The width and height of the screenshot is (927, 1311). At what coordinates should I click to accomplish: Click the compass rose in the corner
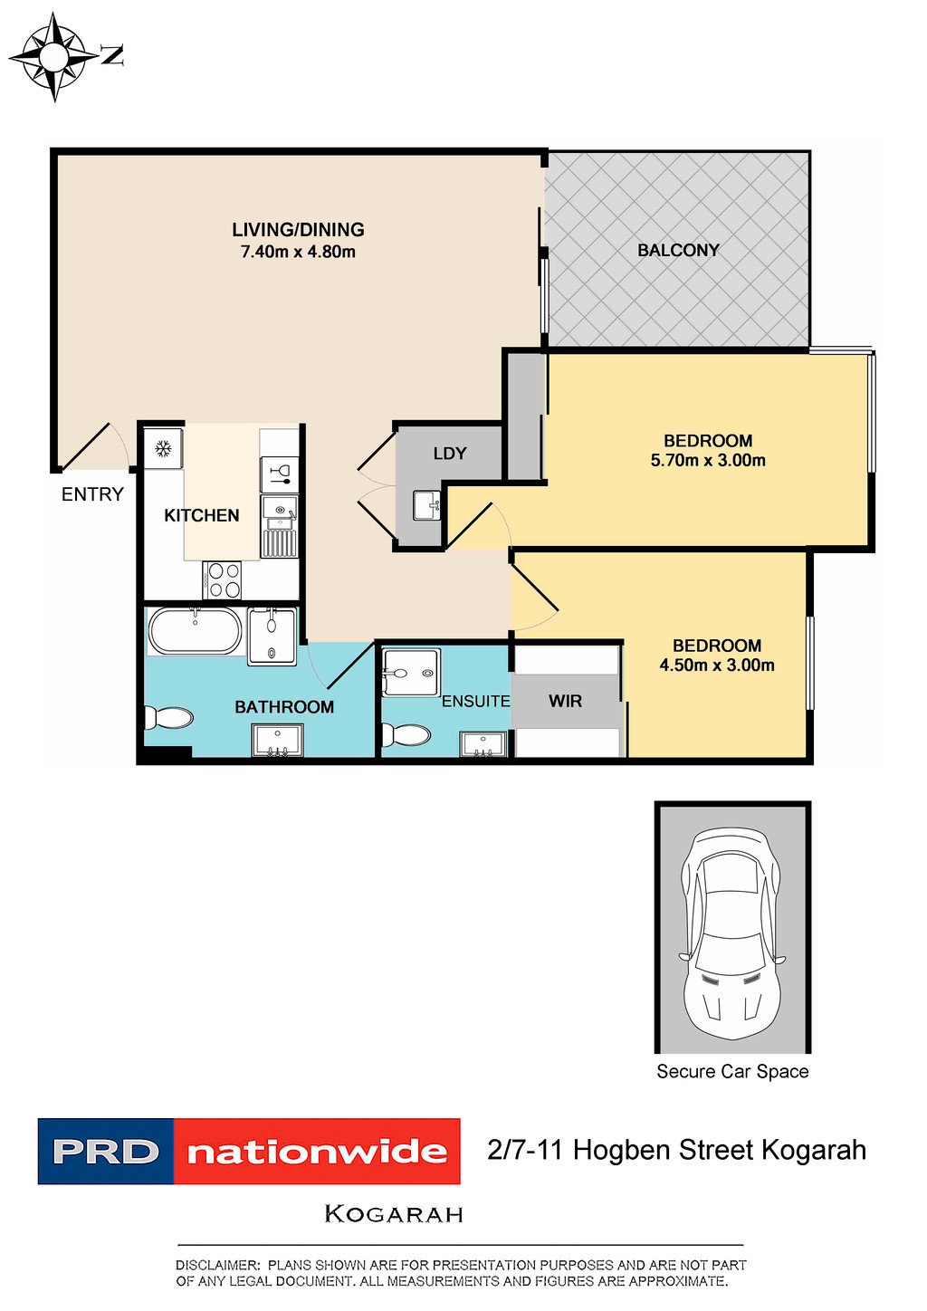pyautogui.click(x=54, y=57)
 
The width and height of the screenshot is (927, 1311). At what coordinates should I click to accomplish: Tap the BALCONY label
pyautogui.click(x=678, y=251)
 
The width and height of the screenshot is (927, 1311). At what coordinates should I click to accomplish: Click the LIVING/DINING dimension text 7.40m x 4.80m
pyautogui.click(x=299, y=252)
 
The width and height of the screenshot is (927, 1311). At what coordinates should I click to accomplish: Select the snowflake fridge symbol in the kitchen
pyautogui.click(x=163, y=449)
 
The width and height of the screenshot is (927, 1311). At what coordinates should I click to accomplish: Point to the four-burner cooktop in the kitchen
pyautogui.click(x=223, y=580)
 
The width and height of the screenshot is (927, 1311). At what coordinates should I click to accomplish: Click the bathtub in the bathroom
pyautogui.click(x=195, y=631)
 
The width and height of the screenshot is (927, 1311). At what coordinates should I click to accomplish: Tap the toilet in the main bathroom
pyautogui.click(x=168, y=718)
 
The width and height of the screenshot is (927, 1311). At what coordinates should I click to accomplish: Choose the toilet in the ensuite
pyautogui.click(x=406, y=735)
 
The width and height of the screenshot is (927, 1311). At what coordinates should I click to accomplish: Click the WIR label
pyautogui.click(x=565, y=701)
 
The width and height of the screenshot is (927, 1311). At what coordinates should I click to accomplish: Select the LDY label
pyautogui.click(x=449, y=453)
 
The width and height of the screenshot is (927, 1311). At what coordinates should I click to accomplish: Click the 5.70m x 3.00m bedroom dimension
pyautogui.click(x=708, y=460)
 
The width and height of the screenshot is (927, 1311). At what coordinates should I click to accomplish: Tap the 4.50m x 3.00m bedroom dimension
pyautogui.click(x=717, y=665)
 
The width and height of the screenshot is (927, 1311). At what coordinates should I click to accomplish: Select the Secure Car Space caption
pyautogui.click(x=732, y=1072)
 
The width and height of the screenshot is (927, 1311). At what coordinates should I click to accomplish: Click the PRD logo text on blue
pyautogui.click(x=105, y=1151)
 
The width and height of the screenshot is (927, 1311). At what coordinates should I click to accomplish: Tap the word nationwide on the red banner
pyautogui.click(x=317, y=1152)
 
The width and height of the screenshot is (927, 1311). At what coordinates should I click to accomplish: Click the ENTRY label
pyautogui.click(x=92, y=494)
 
